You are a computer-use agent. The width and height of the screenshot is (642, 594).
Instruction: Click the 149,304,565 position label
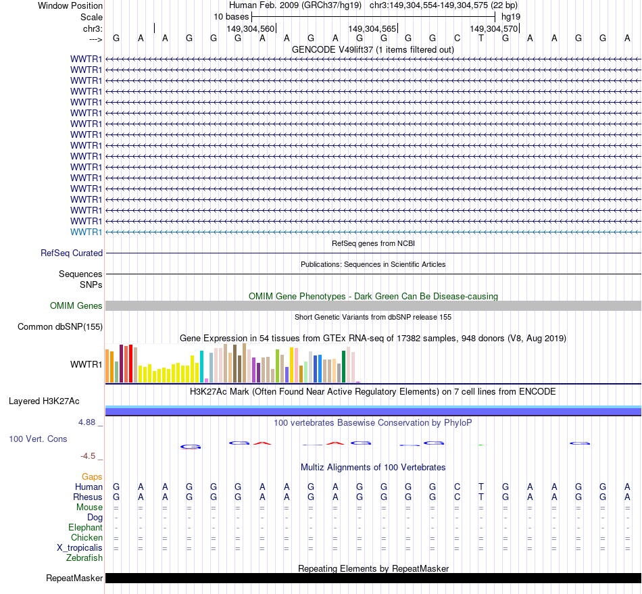(x=372, y=28)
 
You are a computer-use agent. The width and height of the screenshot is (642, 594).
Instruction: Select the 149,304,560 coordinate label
(x=251, y=28)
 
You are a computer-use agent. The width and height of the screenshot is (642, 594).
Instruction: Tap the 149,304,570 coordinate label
(x=494, y=28)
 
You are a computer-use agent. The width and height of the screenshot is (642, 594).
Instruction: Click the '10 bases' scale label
(x=231, y=16)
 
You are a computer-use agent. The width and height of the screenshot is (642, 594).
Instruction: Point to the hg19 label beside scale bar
(x=511, y=16)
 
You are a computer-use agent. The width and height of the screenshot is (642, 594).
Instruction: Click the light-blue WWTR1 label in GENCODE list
(x=87, y=232)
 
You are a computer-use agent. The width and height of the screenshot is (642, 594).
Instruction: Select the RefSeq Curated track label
(x=72, y=253)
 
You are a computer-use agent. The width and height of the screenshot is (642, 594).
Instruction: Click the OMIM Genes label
(x=76, y=305)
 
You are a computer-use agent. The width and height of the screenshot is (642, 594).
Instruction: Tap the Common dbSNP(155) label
(x=60, y=327)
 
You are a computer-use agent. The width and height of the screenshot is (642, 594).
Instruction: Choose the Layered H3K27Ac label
(x=44, y=401)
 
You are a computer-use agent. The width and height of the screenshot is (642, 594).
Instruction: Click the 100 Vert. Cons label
(x=38, y=439)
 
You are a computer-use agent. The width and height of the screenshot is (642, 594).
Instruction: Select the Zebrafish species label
(x=84, y=558)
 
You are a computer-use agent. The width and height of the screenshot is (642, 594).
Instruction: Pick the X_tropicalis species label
(x=80, y=547)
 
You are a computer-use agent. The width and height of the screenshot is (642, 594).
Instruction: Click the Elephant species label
(x=86, y=527)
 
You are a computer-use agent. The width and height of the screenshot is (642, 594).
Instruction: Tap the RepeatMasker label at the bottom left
(x=74, y=578)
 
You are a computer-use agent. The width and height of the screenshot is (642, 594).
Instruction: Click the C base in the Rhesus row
(x=457, y=497)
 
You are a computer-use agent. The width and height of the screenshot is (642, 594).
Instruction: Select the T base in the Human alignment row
(x=481, y=487)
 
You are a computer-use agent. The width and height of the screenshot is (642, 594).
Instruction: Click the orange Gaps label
(x=92, y=476)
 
